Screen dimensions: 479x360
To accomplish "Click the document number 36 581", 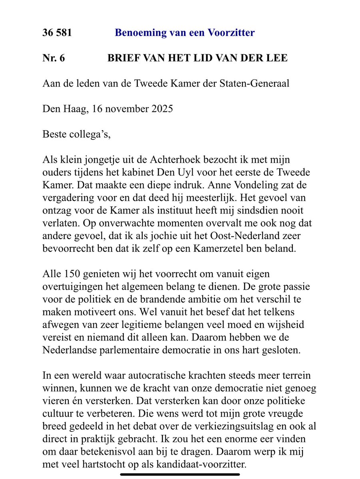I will tap(57, 33).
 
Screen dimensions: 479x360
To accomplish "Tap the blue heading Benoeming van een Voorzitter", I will tap(185, 33).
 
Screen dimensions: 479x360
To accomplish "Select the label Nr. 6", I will tap(54, 58).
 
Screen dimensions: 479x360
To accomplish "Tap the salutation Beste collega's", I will tap(76, 134).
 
